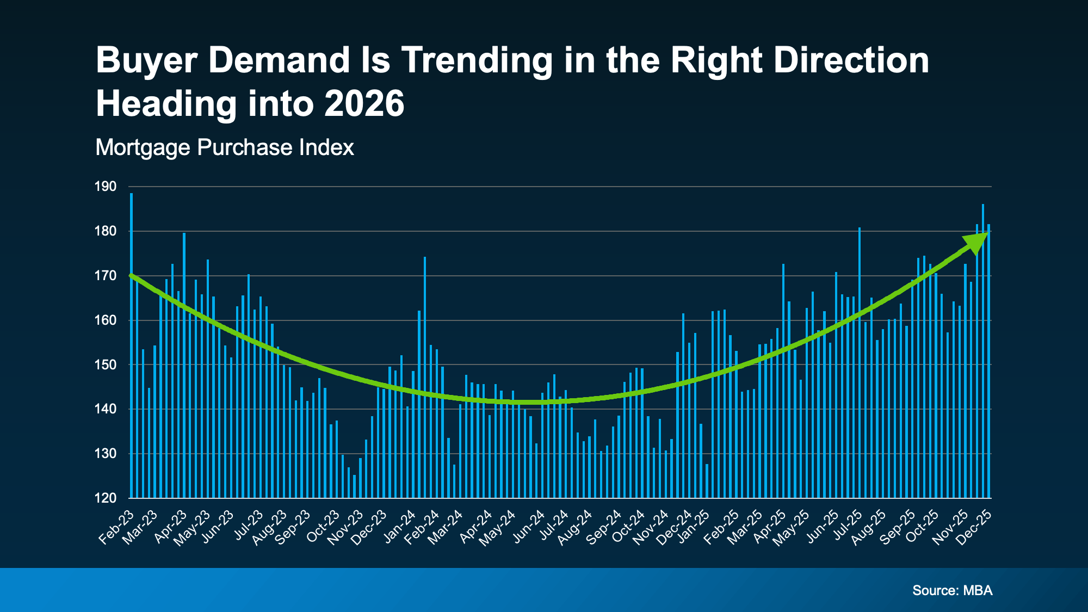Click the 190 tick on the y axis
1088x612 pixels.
[106, 187]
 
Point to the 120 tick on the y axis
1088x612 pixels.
[106, 498]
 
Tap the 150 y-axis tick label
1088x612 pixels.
[106, 364]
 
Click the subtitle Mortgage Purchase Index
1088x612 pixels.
[225, 147]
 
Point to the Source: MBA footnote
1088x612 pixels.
[952, 590]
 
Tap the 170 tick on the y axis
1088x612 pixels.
[106, 276]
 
